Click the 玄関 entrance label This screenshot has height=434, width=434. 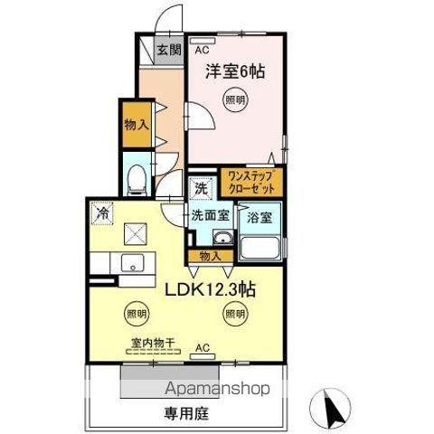coord(165,51)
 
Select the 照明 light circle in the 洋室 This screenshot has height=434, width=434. coord(234,101)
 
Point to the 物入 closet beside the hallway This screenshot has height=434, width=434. coord(136,125)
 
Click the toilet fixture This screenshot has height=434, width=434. coord(137,181)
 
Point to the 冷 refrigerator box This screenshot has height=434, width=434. coord(101,214)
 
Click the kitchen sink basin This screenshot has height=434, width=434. coord(132,264)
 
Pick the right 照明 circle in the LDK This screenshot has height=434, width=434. coord(234,315)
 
